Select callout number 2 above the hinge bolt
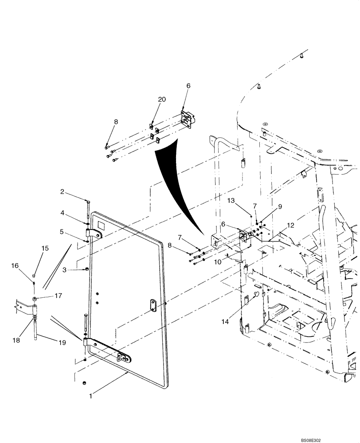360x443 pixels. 63,192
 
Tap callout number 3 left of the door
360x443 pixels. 64,270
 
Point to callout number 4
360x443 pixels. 63,212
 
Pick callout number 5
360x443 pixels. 63,231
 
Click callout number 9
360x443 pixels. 279,206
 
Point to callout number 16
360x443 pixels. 15,266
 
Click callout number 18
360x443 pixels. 16,340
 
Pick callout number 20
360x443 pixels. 162,100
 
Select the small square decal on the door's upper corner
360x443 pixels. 101,225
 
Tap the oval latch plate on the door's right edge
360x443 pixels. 152,304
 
